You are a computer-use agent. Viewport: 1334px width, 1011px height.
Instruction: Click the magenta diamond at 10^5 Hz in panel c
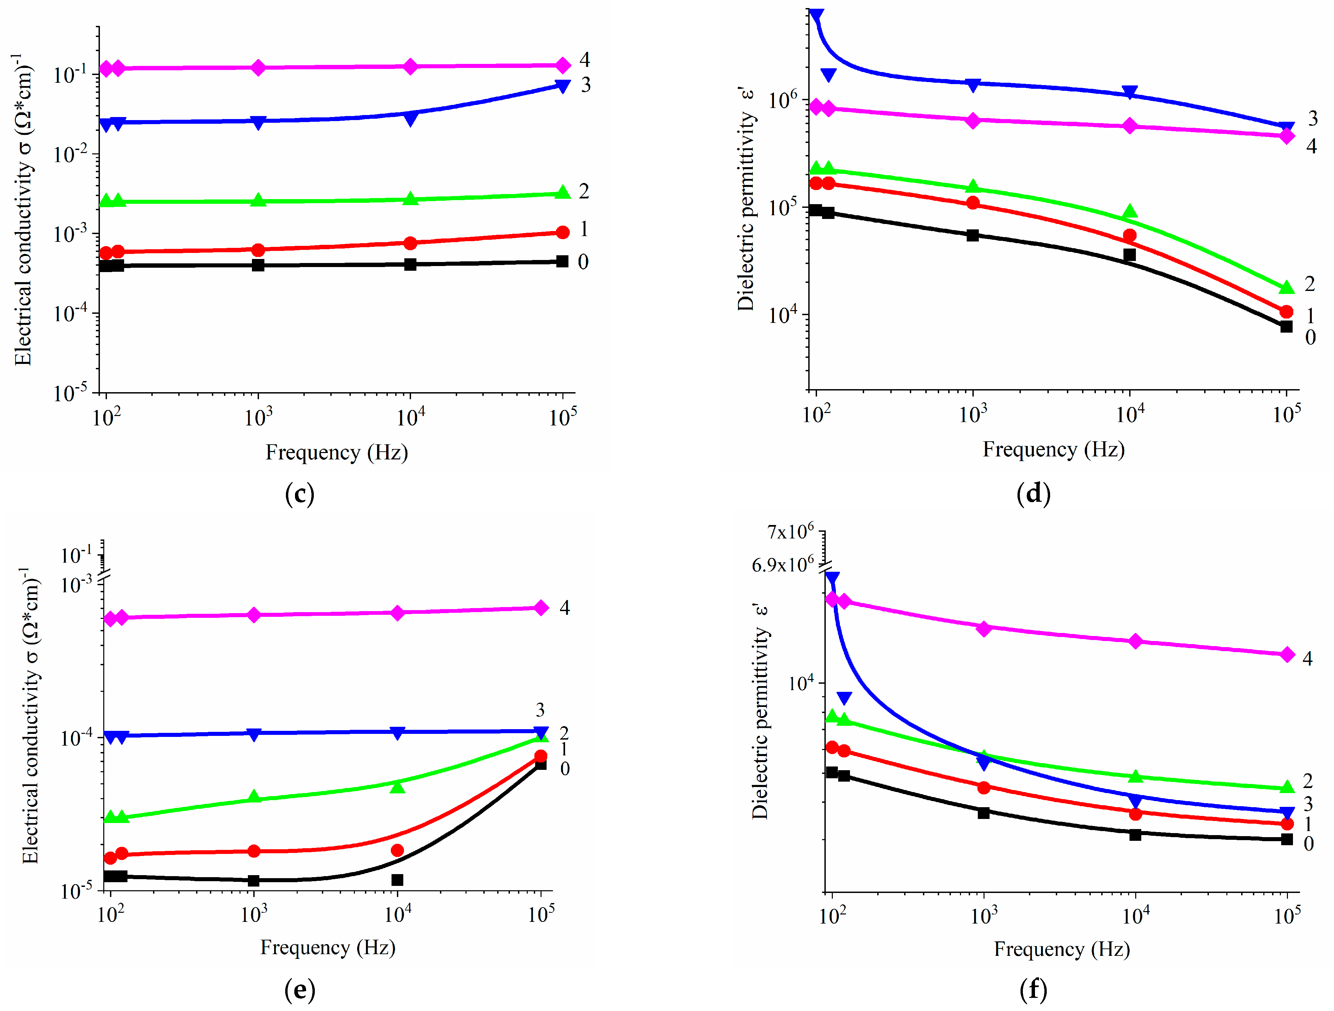coord(562,65)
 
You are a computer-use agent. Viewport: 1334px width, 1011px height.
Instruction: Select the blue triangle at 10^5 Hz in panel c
coord(562,86)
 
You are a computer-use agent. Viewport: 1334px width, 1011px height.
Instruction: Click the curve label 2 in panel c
coord(584,191)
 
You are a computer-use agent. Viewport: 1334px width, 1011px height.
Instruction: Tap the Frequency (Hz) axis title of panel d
coord(1053,449)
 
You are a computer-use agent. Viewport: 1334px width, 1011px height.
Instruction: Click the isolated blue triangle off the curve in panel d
coord(829,75)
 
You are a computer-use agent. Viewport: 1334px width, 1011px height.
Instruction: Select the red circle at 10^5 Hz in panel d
coord(1286,311)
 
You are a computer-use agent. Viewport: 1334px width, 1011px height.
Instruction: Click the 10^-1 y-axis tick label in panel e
coord(77,555)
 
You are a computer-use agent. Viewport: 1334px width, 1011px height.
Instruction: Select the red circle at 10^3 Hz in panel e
coord(254,851)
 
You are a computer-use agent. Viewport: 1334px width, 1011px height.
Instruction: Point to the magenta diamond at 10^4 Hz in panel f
coord(1135,641)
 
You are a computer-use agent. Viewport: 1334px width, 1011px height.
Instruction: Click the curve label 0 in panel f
coord(1308,844)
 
